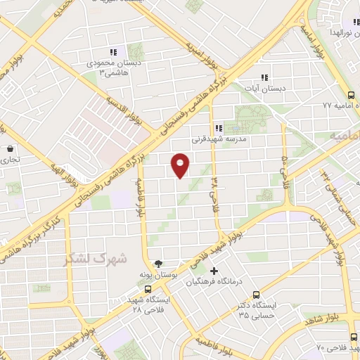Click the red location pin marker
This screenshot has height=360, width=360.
pyautogui.click(x=181, y=165)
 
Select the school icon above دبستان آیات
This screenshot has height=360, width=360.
pyautogui.click(x=264, y=77)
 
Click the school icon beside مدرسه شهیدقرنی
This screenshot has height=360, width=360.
pyautogui.click(x=219, y=128)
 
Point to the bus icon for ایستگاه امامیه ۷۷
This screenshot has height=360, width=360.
pyautogui.click(x=351, y=94)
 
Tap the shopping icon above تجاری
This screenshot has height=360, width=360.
pyautogui.click(x=10, y=149)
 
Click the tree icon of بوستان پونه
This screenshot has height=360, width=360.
pyautogui.click(x=166, y=263)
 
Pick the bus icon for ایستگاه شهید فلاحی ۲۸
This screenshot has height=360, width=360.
pyautogui.click(x=147, y=289)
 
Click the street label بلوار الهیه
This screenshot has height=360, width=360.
pyautogui.click(x=63, y=176)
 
